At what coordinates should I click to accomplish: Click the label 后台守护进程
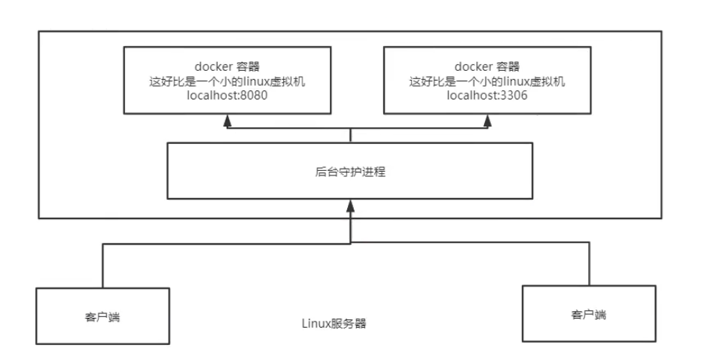pos(351,172)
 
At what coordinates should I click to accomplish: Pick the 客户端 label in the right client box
pos(588,313)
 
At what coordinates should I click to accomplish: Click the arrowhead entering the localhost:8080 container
pos(225,119)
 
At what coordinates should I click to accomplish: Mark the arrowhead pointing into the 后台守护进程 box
pos(351,204)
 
